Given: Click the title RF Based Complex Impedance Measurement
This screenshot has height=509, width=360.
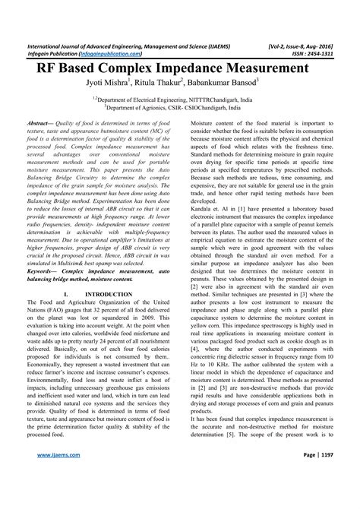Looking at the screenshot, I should tap(180, 67).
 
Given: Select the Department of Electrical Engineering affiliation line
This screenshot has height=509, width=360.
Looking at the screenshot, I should tap(180, 99).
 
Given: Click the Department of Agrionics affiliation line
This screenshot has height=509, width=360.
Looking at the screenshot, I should tap(180, 108).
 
